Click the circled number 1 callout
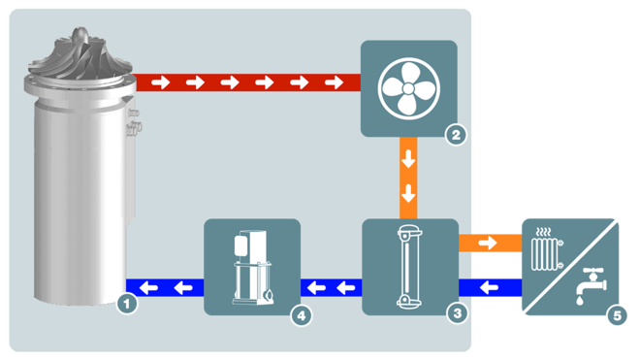[x=126, y=304]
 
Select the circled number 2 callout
[x=456, y=136]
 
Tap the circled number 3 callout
[x=456, y=312]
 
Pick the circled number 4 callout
[x=303, y=314]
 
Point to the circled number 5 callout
[x=615, y=314]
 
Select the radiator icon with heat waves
[x=549, y=251]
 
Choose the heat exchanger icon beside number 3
[x=411, y=267]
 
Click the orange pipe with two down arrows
[x=409, y=177]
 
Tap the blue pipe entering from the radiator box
[x=489, y=287]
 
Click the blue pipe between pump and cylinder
[x=166, y=287]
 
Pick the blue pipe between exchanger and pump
[x=331, y=287]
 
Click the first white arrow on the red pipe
[x=160, y=82]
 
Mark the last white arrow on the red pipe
[x=334, y=82]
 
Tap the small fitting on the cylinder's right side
[x=134, y=122]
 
